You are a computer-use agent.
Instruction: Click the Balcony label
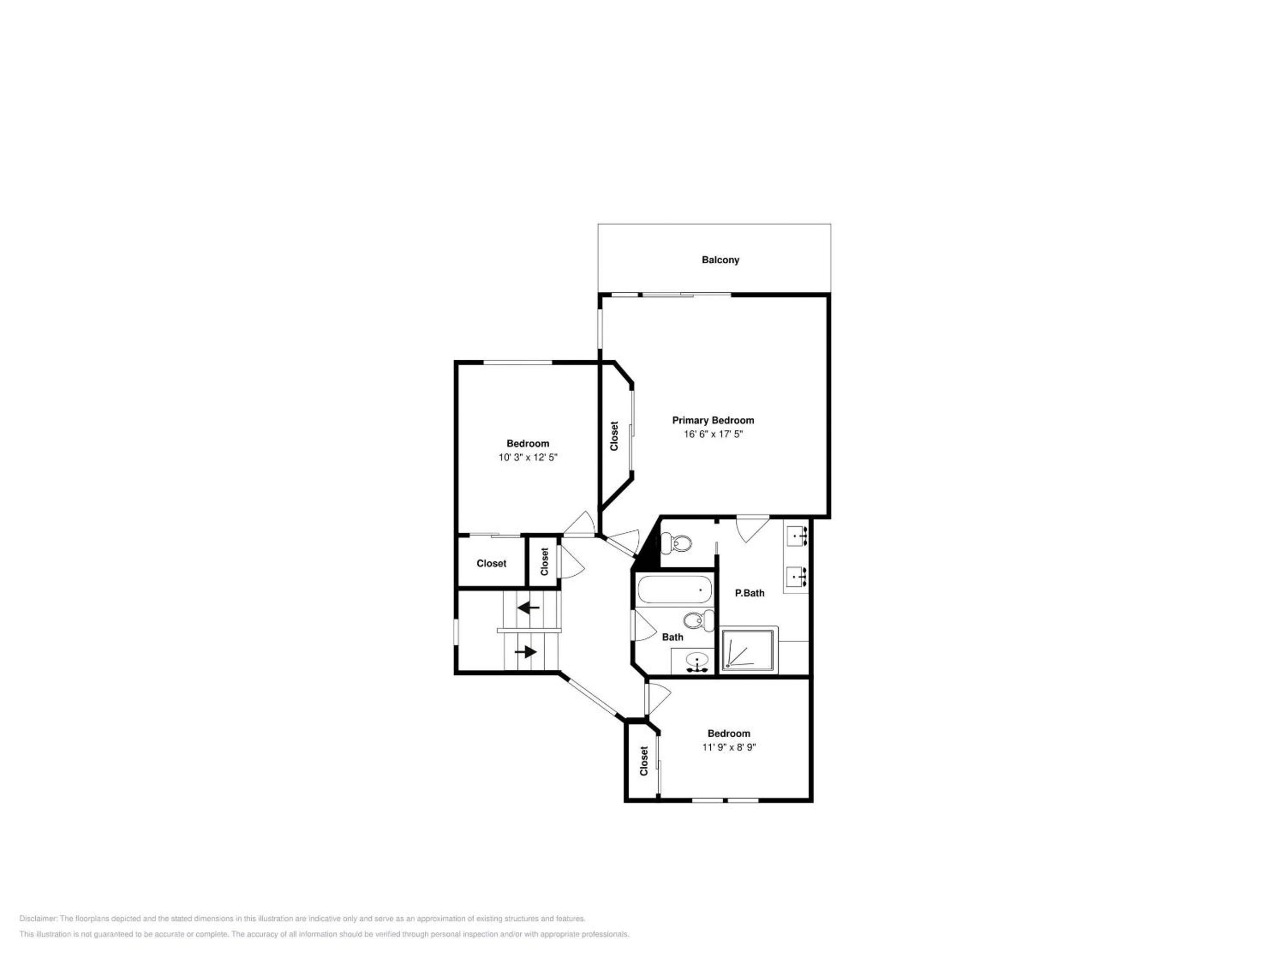tap(720, 260)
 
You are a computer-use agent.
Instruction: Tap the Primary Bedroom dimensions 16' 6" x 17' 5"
tap(713, 434)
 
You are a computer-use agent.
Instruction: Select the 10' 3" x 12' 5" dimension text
tap(527, 457)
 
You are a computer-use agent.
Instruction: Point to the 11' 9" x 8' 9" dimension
tap(729, 747)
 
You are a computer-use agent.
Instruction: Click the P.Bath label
tap(750, 593)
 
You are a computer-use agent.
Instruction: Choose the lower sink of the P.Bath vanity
tap(796, 577)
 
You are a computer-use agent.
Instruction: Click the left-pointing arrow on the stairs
tap(529, 608)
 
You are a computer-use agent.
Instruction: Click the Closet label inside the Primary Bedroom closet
tap(614, 436)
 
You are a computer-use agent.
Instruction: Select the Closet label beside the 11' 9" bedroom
tap(644, 760)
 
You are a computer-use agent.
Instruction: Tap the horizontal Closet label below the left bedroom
tap(491, 563)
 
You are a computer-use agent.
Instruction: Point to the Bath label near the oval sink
tap(673, 637)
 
